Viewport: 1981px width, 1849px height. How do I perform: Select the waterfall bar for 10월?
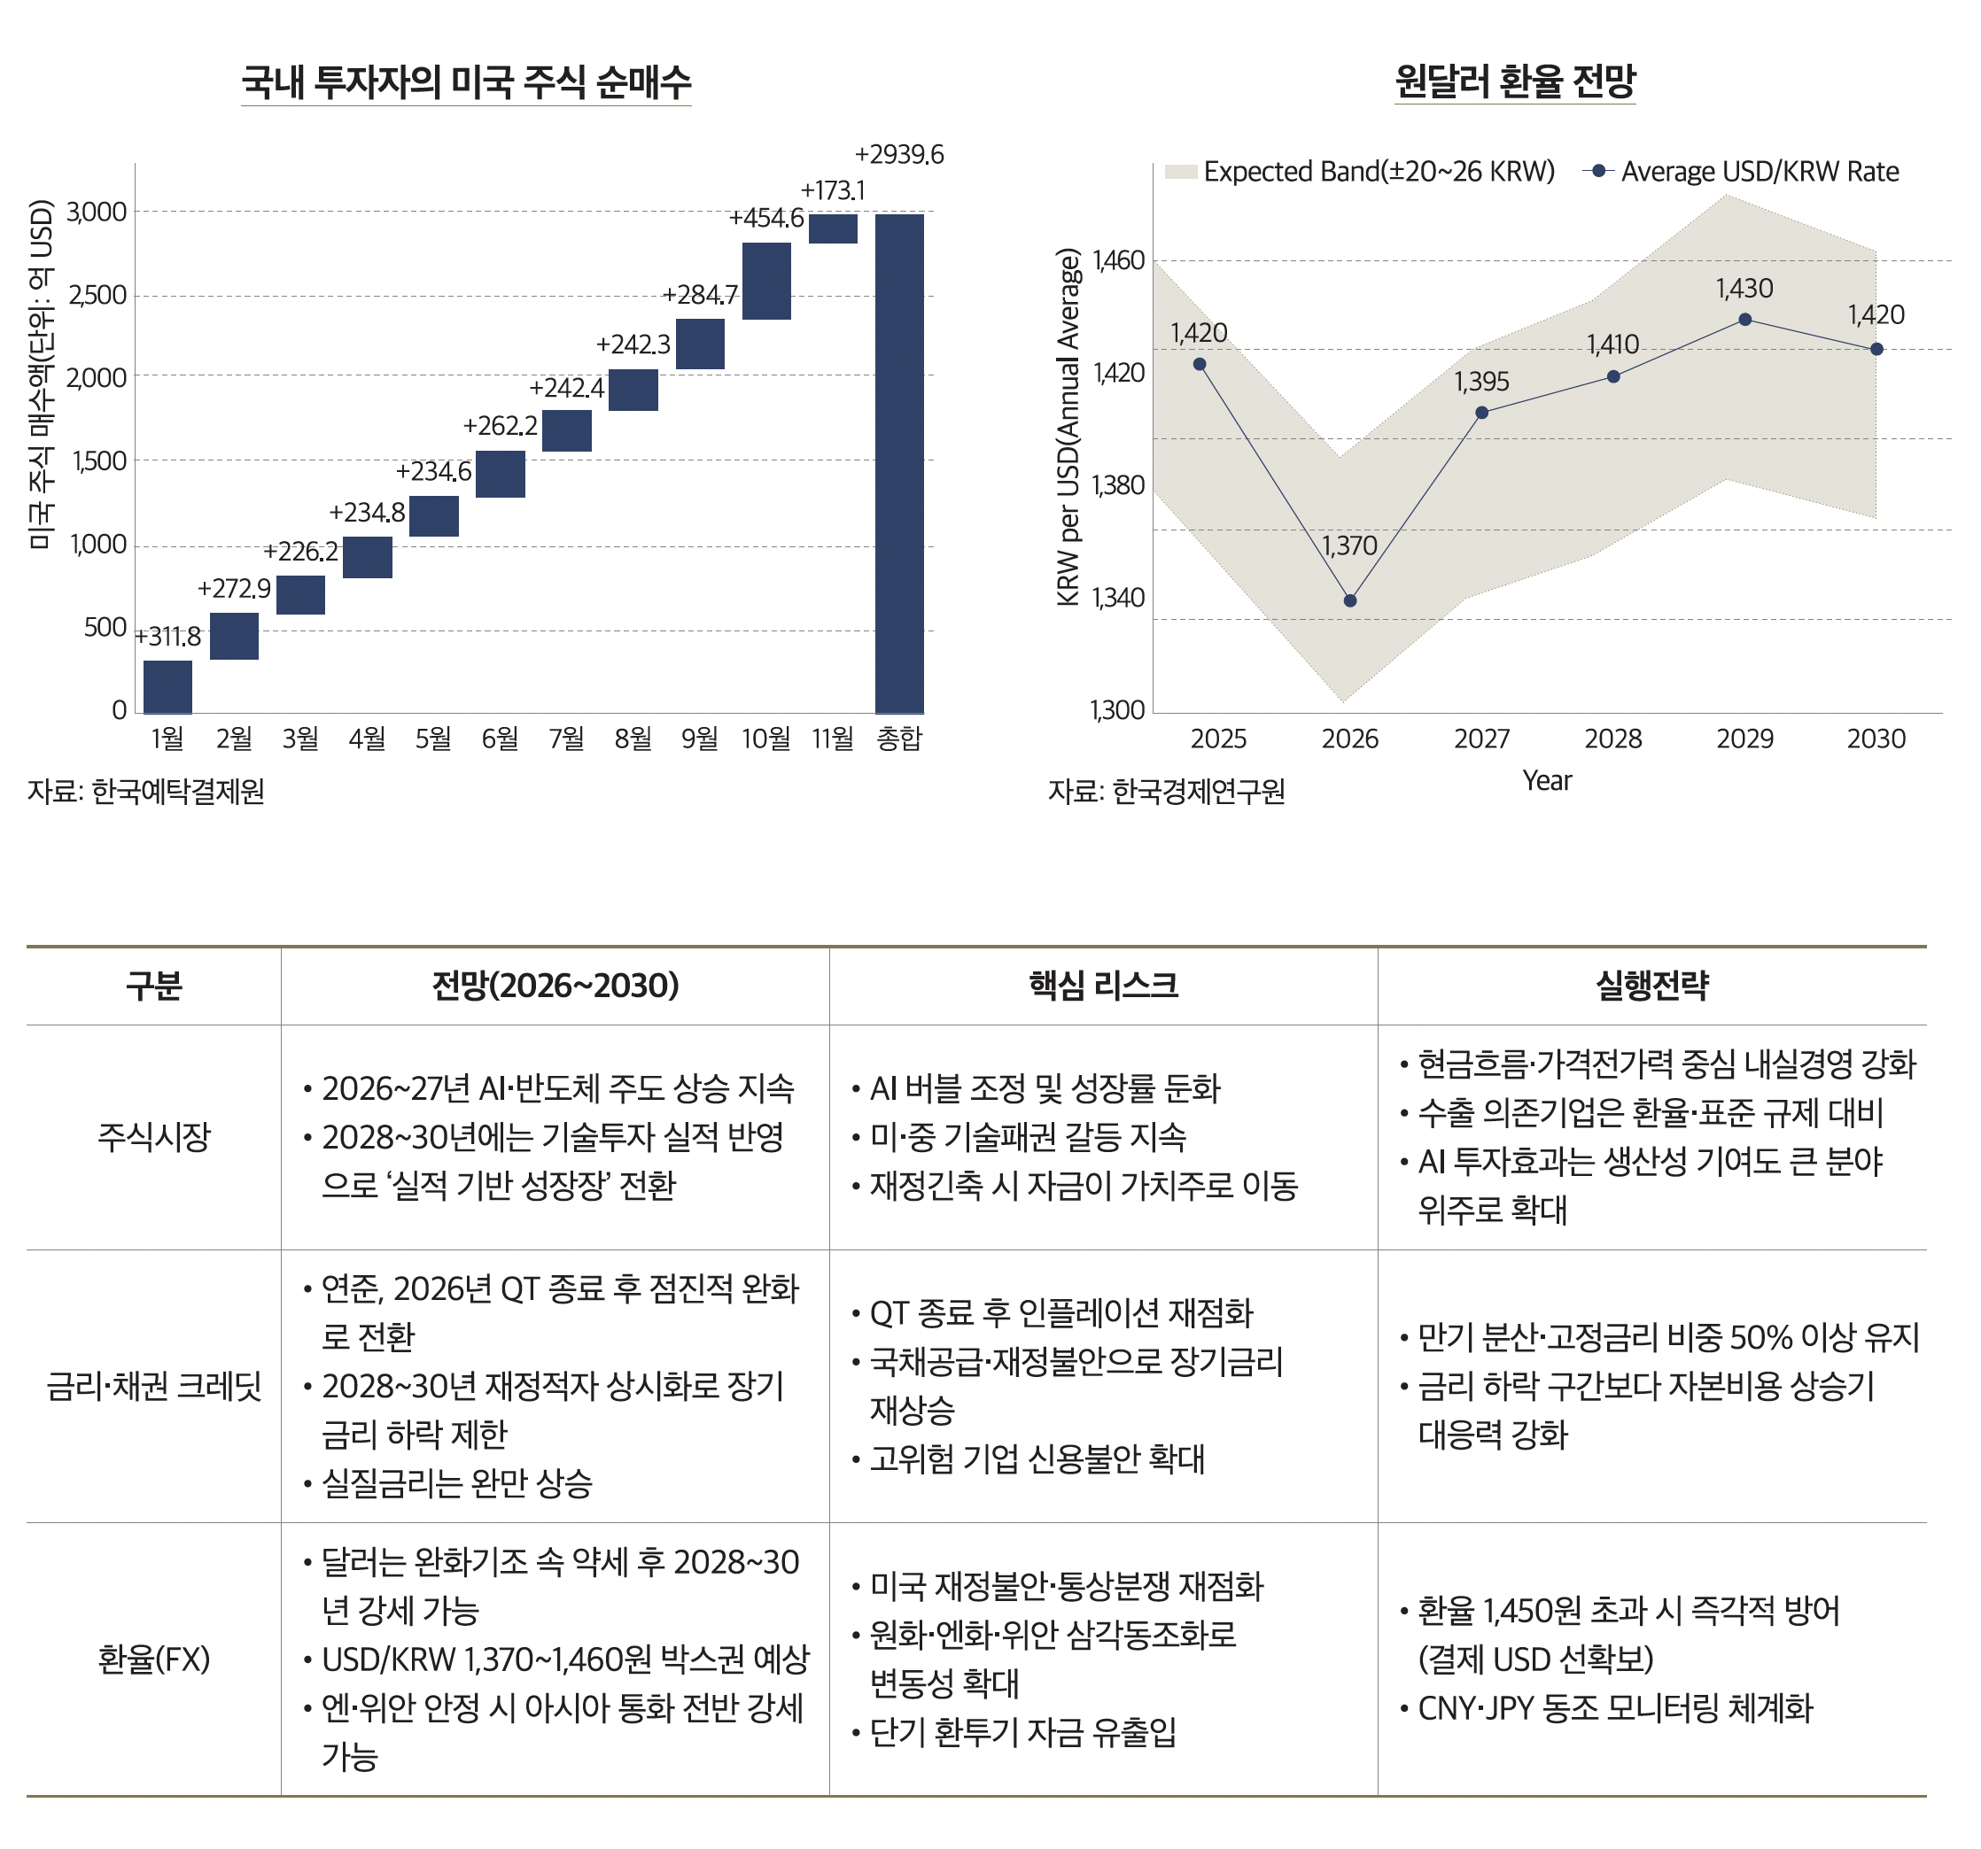766,281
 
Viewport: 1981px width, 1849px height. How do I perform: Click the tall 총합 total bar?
899,463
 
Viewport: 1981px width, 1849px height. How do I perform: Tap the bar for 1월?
167,686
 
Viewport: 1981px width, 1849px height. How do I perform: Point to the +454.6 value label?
766,218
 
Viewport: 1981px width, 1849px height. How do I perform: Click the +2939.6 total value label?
899,154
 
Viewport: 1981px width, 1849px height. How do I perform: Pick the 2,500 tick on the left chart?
97,296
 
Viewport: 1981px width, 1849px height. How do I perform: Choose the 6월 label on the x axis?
501,739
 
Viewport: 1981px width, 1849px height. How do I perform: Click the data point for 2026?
1349,600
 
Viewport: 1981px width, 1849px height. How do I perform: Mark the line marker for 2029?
1744,320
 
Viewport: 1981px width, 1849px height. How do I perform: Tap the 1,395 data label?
1482,382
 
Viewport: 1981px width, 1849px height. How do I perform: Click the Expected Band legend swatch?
1180,172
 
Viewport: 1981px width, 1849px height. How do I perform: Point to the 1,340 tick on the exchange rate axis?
1119,598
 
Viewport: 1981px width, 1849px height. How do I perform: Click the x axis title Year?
1547,781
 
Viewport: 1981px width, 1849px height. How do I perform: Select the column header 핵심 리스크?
1103,986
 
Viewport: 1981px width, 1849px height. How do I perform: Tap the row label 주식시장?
153,1137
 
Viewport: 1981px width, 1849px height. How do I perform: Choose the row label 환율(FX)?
153,1659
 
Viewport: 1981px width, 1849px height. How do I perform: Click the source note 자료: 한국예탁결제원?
145,791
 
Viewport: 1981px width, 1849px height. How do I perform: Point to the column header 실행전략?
1652,986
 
